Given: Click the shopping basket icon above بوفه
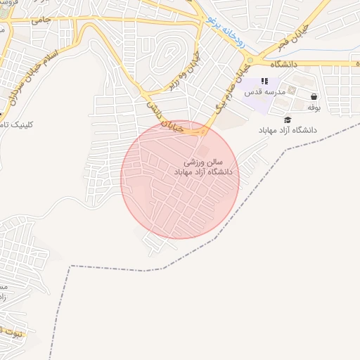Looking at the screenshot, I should (x=313, y=97).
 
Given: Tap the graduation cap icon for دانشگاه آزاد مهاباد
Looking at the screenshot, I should (x=288, y=120).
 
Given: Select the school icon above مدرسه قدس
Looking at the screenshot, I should (x=264, y=82).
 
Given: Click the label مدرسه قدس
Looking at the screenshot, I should (x=265, y=93).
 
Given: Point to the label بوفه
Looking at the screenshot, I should (x=314, y=108).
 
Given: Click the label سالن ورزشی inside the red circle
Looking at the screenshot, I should (x=207, y=162).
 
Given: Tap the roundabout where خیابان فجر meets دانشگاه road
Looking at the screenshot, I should (x=250, y=60).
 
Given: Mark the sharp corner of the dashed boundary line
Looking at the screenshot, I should (x=70, y=266).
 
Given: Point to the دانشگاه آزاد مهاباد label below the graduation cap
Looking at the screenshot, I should (x=288, y=131).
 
